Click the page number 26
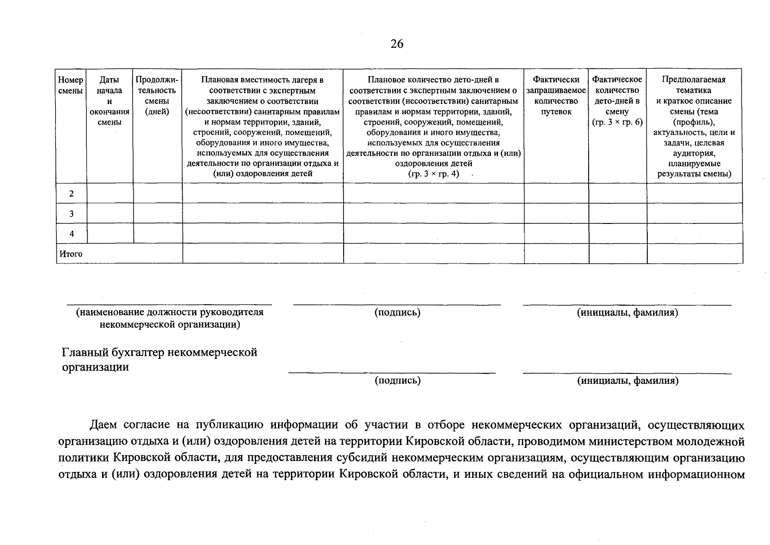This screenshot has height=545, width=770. point(396,44)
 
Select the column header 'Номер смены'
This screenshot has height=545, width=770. point(71,85)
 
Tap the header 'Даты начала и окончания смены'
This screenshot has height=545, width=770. point(109,101)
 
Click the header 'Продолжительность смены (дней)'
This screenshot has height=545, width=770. point(157,95)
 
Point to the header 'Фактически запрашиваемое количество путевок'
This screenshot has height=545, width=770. point(556,95)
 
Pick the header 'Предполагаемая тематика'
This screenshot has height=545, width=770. point(694,85)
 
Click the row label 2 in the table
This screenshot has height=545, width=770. point(71,194)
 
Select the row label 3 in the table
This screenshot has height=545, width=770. point(71,213)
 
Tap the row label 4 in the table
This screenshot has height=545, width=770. point(71,233)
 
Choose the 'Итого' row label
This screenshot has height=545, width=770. point(70,254)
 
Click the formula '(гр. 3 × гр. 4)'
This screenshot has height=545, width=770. point(434,174)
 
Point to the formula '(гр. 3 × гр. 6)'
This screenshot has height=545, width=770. point(617,122)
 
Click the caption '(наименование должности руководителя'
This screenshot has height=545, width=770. point(170,312)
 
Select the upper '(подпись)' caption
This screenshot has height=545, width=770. point(397,312)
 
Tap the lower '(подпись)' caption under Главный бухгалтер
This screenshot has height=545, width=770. point(397,381)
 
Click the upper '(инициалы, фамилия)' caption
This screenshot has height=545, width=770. point(627,312)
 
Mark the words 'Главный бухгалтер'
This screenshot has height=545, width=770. point(113,352)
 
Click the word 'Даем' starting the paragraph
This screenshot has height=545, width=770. point(104,425)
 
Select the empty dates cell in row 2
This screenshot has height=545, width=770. point(110,193)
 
